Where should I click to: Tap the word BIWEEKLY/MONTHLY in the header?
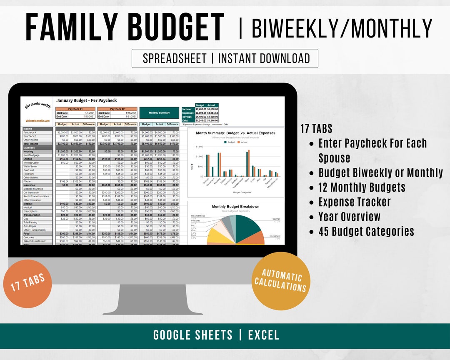click(342, 28)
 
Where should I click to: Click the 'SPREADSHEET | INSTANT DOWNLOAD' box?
click(225, 58)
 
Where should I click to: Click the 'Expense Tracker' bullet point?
click(355, 202)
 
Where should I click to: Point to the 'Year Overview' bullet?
click(350, 217)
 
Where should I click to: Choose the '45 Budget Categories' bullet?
click(366, 231)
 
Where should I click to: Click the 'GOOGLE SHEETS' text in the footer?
click(193, 335)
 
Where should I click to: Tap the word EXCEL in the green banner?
click(263, 335)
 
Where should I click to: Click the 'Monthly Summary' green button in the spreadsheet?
click(159, 112)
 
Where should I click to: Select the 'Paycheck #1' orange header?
click(75, 109)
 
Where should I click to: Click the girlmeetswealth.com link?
click(37, 121)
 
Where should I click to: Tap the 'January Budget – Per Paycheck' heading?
click(87, 100)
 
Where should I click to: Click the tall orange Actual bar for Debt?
click(249, 163)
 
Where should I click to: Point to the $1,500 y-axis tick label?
click(199, 147)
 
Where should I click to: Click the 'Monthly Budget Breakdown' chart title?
click(235, 207)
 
